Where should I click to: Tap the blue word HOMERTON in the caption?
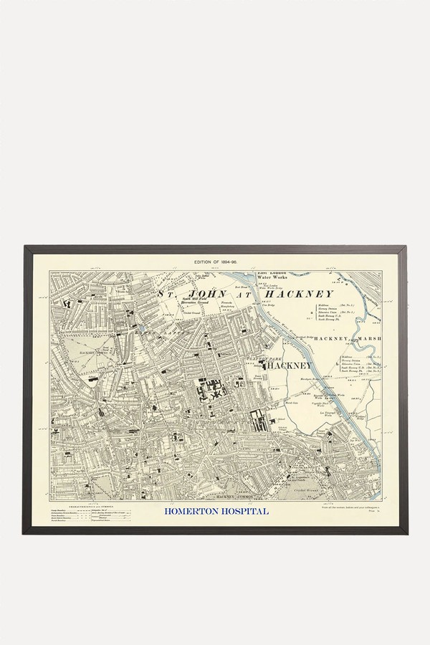[192, 512]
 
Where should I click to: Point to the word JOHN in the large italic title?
[206, 294]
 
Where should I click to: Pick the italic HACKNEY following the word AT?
[299, 294]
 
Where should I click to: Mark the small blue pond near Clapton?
[143, 328]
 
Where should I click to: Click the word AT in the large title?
[242, 294]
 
